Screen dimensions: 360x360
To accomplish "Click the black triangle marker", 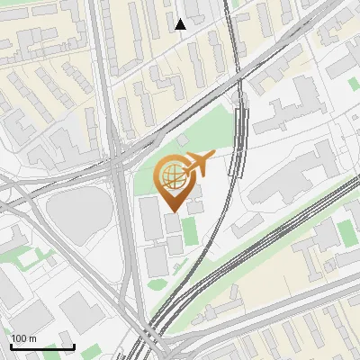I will tap(180, 24).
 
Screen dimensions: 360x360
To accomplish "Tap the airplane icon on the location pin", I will tap(199, 164).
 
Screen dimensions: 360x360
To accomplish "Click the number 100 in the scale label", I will tap(19, 338).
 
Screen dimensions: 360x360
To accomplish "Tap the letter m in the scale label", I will tap(32, 338).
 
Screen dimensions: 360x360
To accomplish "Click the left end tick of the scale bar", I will tap(11, 346).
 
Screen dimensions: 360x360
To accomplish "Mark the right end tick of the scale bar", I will tap(74, 346).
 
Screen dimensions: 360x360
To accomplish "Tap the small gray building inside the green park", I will tap(183, 141).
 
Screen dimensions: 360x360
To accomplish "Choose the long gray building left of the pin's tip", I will tap(148, 220).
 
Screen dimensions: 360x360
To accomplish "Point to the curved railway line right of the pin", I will tap(236, 180).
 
